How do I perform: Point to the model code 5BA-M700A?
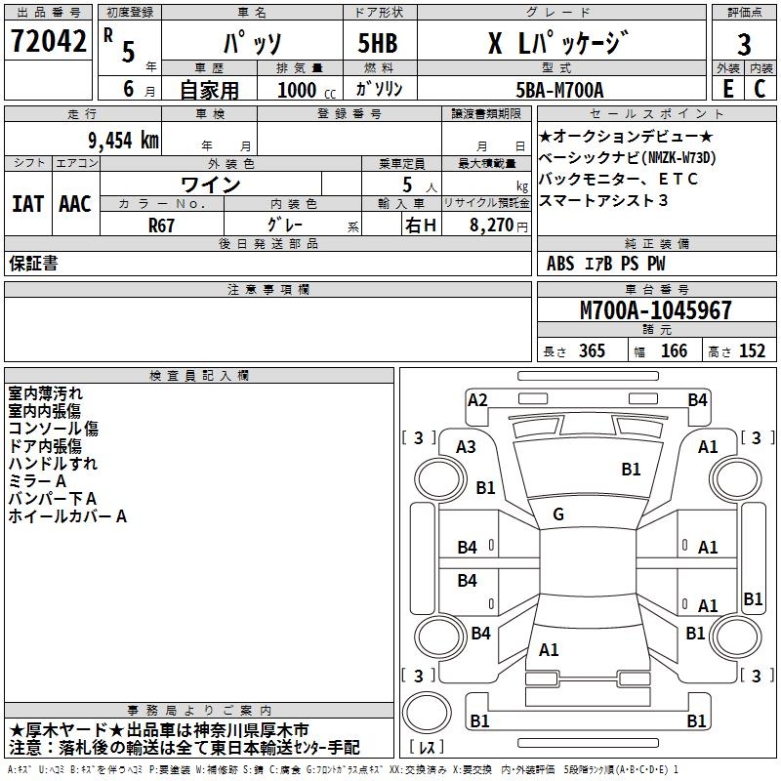tap(559, 90)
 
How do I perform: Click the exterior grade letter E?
tap(727, 89)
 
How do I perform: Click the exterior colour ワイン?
tap(211, 185)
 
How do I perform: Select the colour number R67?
tap(162, 225)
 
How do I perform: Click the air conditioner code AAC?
tap(75, 204)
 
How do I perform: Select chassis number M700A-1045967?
tap(655, 310)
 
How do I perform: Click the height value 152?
tap(752, 351)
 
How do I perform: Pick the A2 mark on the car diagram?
tap(477, 399)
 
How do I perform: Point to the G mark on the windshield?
tap(558, 514)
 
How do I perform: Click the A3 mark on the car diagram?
tap(466, 446)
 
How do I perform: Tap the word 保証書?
tap(33, 264)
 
